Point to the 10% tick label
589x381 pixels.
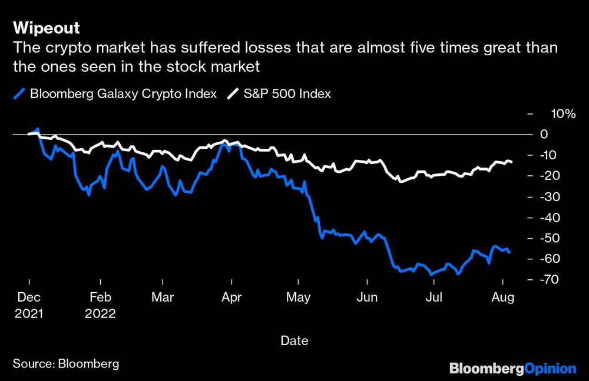pyautogui.click(x=562, y=113)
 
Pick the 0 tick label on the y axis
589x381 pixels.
pyautogui.click(x=561, y=134)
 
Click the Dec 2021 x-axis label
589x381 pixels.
pyautogui.click(x=28, y=305)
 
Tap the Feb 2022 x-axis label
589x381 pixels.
pyautogui.click(x=100, y=305)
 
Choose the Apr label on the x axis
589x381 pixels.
pyautogui.click(x=232, y=298)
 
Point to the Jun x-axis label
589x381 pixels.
pyautogui.click(x=367, y=298)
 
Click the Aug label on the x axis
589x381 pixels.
pyautogui.click(x=503, y=298)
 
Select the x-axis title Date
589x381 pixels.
pyautogui.click(x=294, y=340)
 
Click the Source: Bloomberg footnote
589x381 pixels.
pyautogui.click(x=66, y=364)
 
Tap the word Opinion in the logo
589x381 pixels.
pyautogui.click(x=548, y=369)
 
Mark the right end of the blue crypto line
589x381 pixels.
pyautogui.click(x=510, y=252)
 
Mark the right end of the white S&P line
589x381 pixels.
pyautogui.click(x=512, y=162)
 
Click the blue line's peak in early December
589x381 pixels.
pyautogui.click(x=38, y=128)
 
